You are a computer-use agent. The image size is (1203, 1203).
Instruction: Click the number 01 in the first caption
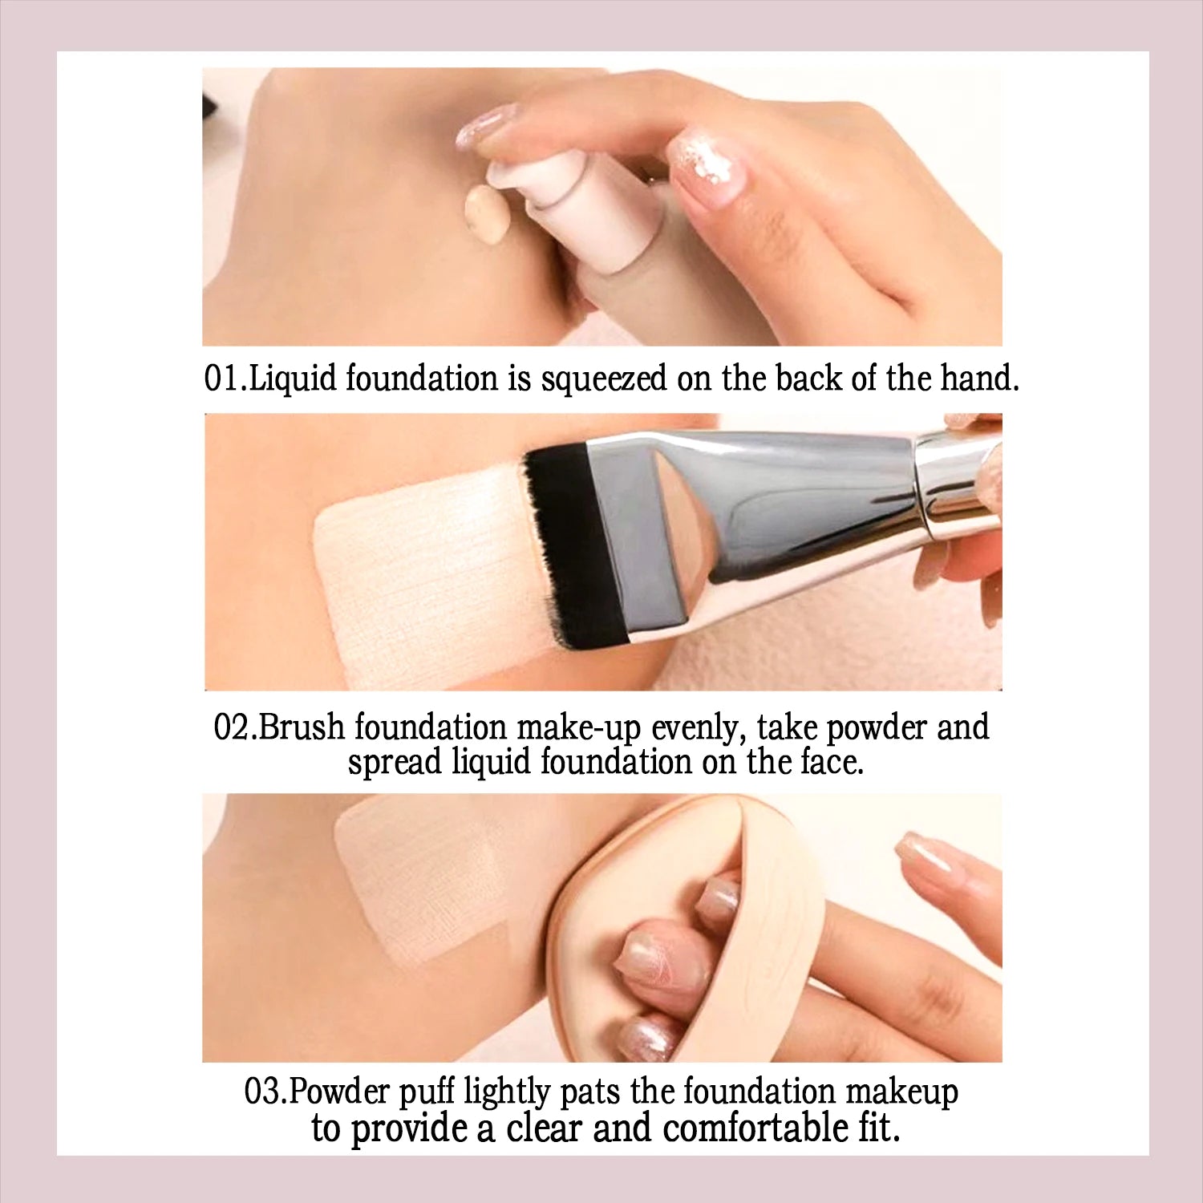221,379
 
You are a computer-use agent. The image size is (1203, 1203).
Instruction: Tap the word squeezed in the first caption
603,379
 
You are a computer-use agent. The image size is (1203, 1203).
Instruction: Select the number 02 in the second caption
233,727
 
